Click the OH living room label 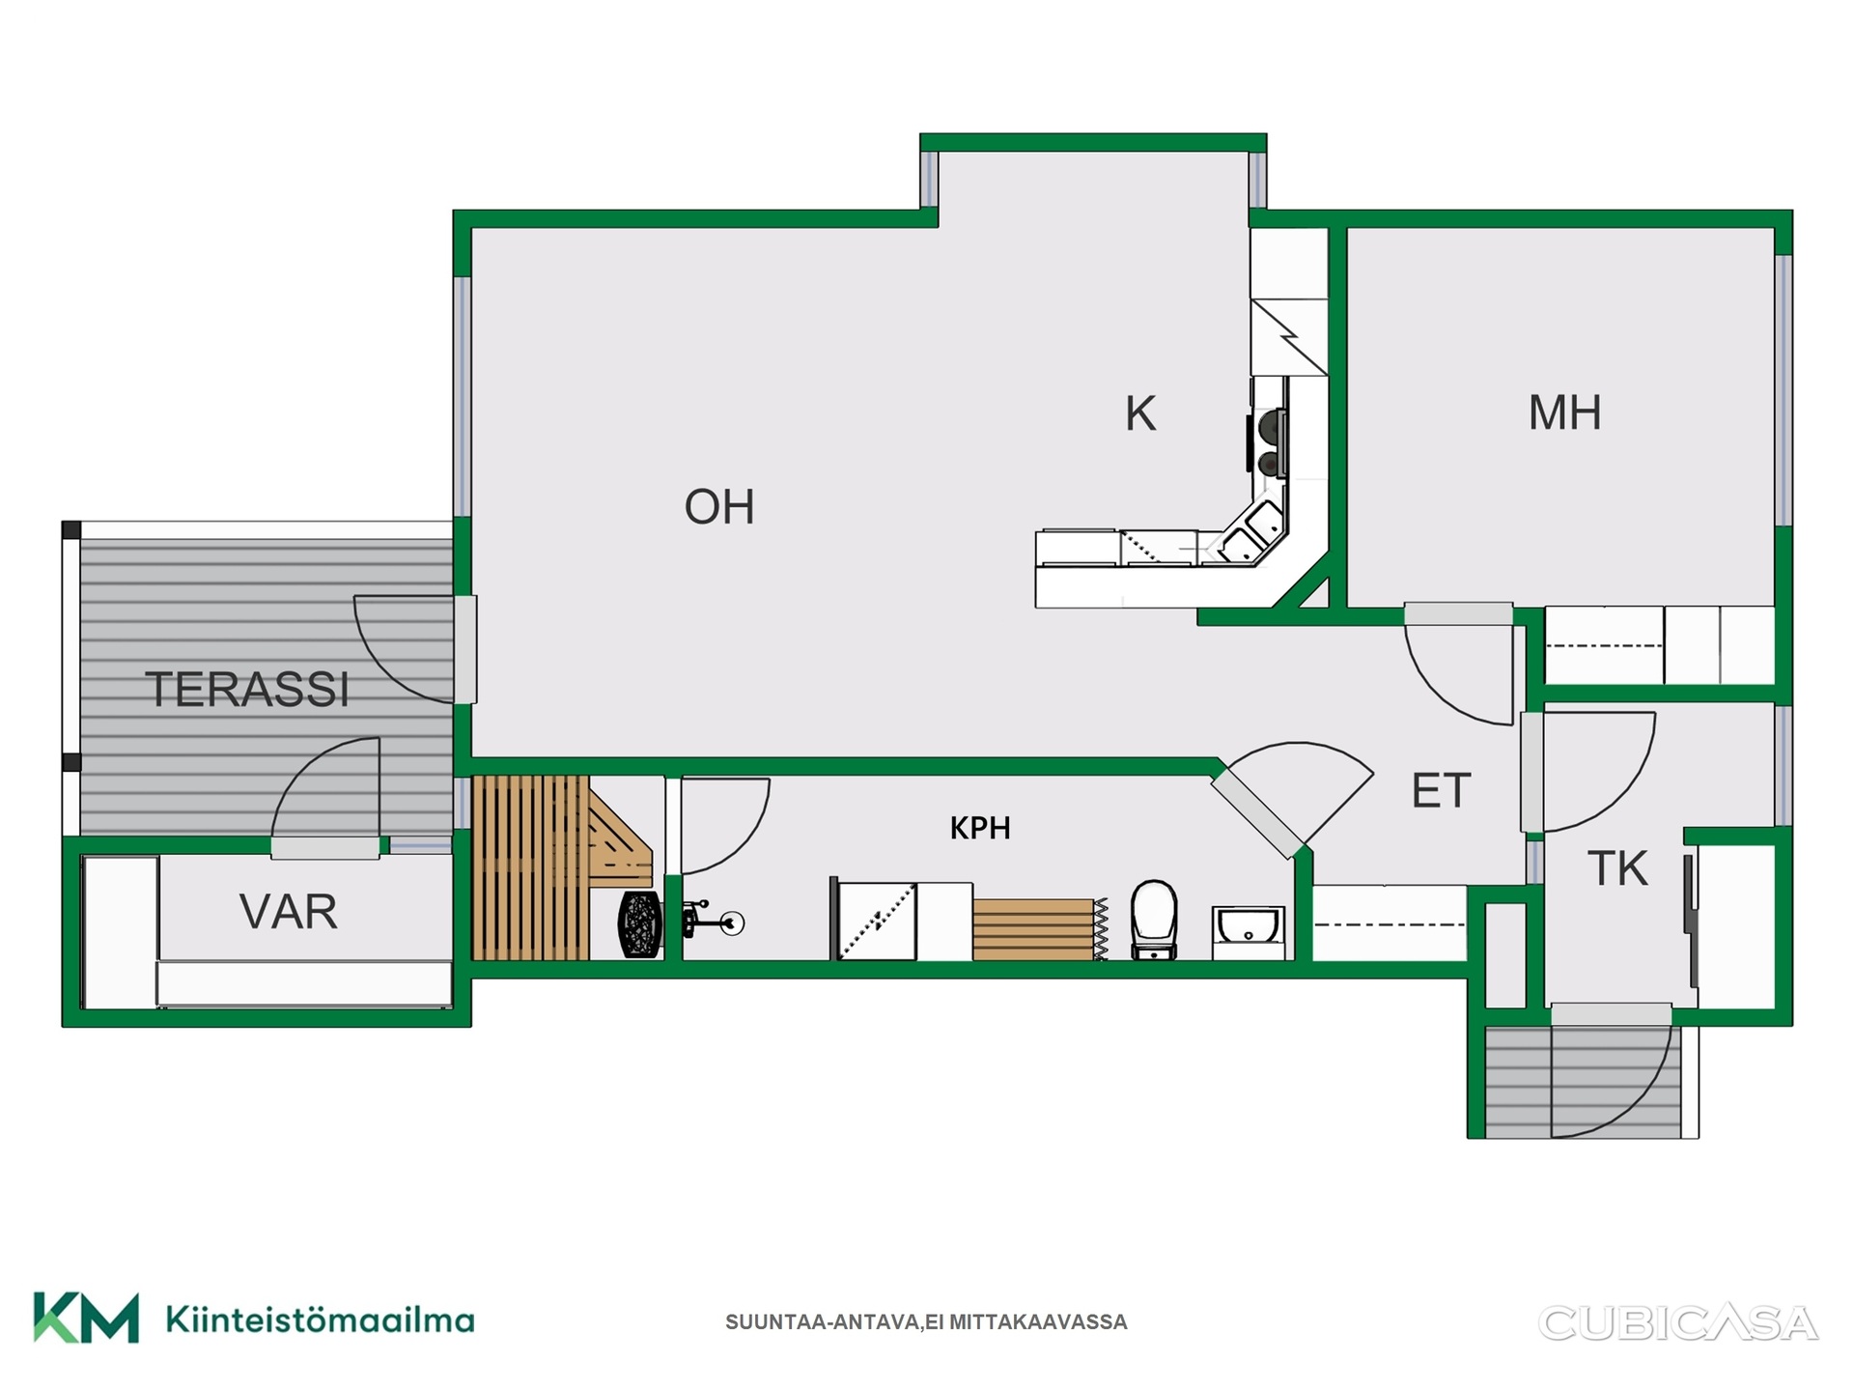click(x=719, y=507)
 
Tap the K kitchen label click(x=1140, y=413)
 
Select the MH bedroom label click(x=1564, y=412)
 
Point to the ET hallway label click(x=1441, y=791)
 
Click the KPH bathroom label click(x=980, y=828)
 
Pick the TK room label click(x=1617, y=868)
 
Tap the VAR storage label click(x=289, y=912)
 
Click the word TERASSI click(x=247, y=690)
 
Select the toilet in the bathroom click(x=1154, y=920)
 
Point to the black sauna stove click(x=640, y=924)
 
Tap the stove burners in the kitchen click(x=1268, y=443)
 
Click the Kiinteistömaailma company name click(x=320, y=1320)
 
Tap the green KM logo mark click(x=86, y=1318)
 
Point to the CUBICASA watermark click(x=1678, y=1322)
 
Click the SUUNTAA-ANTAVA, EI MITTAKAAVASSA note click(x=926, y=1322)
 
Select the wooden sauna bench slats click(x=530, y=867)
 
